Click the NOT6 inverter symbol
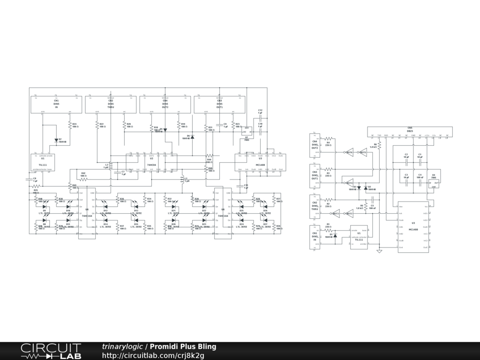pos(350,152)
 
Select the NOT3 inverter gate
pos(336,214)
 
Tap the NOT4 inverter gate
pos(350,182)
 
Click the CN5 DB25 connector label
pos(410,129)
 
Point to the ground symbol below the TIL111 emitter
pos(379,251)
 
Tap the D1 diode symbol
pos(335,236)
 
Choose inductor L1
pos(182,179)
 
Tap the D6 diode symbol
pos(192,137)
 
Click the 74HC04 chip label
pos(151,165)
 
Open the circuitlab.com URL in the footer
pos(153,355)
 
